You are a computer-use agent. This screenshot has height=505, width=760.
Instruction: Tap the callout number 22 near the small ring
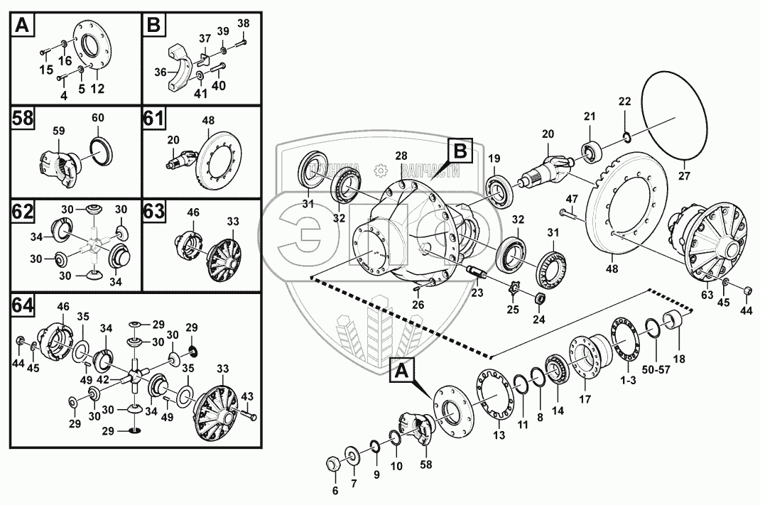pos(624,102)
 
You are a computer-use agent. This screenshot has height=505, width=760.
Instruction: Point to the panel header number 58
pos(23,118)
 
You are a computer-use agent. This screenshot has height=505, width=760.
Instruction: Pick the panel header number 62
pos(23,212)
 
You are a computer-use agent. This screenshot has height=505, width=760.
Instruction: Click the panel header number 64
pos(23,305)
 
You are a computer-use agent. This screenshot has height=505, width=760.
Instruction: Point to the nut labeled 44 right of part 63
pos(747,291)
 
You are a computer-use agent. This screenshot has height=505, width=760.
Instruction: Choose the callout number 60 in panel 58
pos(97,117)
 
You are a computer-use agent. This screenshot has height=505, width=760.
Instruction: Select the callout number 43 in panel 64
pos(247,396)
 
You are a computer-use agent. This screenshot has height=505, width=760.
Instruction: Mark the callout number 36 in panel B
pos(159,72)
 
